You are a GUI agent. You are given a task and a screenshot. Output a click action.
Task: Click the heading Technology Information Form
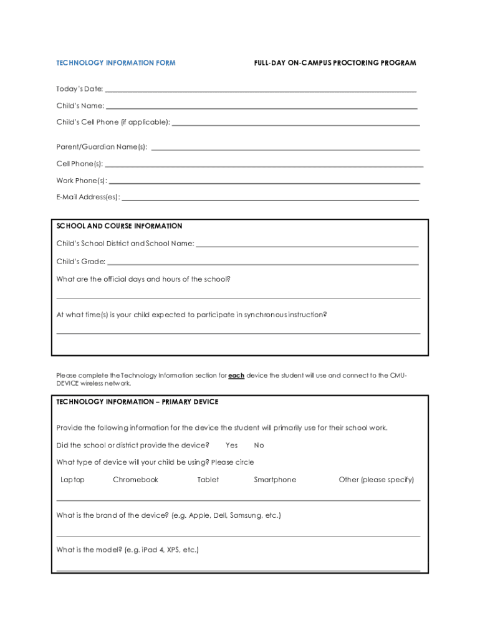[x=116, y=63]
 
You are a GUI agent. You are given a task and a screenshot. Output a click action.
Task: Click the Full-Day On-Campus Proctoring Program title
[x=335, y=63]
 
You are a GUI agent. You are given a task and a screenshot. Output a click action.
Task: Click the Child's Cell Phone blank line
[x=295, y=125]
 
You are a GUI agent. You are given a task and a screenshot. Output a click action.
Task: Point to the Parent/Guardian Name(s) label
[x=102, y=147]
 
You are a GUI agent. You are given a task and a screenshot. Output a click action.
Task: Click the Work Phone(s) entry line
[x=264, y=183]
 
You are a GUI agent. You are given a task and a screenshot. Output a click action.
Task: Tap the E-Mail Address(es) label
[x=88, y=198]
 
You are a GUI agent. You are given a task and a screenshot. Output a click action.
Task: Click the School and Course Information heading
[x=119, y=226]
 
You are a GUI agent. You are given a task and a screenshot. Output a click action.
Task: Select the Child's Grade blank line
[x=262, y=264]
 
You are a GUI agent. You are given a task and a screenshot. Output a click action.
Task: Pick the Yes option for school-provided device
[x=232, y=445]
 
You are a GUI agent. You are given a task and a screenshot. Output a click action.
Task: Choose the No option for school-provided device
[x=259, y=445]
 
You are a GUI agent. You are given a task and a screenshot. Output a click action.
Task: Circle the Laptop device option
[x=72, y=480]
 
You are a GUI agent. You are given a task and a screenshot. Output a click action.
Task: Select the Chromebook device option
[x=135, y=480]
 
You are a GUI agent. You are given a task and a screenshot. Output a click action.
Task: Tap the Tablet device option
[x=208, y=480]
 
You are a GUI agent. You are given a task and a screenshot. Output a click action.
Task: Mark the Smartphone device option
[x=275, y=480]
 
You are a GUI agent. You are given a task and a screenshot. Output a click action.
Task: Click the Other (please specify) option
[x=376, y=480]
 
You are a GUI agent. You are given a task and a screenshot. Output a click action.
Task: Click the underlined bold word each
[x=236, y=376]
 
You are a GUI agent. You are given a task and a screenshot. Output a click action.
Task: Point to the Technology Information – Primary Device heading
[x=137, y=402]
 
